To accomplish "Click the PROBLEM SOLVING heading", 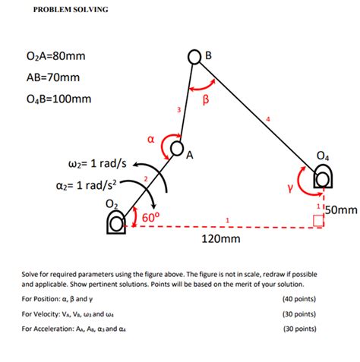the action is coord(68,10).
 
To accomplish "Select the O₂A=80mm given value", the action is coord(55,56).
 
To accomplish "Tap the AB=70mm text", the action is coord(51,77).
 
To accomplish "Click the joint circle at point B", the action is coord(197,56).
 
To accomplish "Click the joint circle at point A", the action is coord(178,147).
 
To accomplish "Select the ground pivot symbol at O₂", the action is coord(115,222).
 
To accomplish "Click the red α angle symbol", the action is coord(150,139).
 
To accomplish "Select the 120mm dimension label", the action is coord(220,240).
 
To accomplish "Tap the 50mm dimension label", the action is coord(340,208).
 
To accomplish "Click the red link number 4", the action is coord(267,119).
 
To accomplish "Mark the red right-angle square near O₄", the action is coord(318,221).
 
